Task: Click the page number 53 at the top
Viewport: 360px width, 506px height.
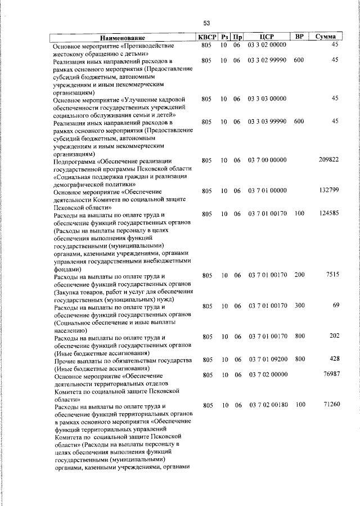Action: coord(206,23)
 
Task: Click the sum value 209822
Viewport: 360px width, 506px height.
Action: coord(328,160)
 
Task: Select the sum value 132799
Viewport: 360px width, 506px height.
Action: coord(328,191)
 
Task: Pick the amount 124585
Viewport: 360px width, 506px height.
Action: coord(328,214)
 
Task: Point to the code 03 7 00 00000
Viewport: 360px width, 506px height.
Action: coord(267,160)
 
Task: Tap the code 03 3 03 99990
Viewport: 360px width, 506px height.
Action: coord(267,122)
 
